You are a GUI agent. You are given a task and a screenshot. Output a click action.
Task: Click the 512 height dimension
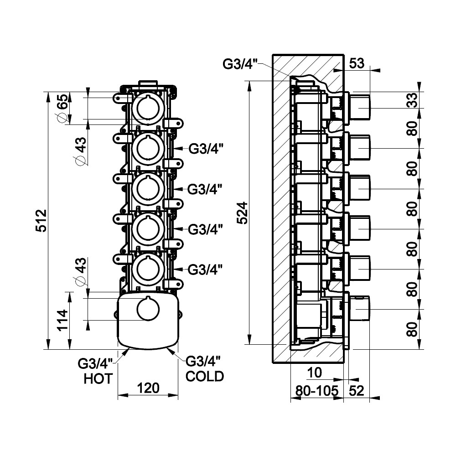tap(41, 221)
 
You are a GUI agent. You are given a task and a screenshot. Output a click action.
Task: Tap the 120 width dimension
tap(148, 388)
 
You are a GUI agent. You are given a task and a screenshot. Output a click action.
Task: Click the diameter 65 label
tap(62, 108)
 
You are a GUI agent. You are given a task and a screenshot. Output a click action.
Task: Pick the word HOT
tap(98, 378)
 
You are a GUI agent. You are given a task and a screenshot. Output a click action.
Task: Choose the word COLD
tap(205, 376)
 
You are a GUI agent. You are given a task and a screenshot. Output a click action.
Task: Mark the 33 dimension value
tap(412, 100)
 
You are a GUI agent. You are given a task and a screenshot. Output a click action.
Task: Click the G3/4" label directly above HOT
tap(95, 364)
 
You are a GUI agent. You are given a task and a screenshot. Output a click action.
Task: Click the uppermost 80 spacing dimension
tap(412, 129)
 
